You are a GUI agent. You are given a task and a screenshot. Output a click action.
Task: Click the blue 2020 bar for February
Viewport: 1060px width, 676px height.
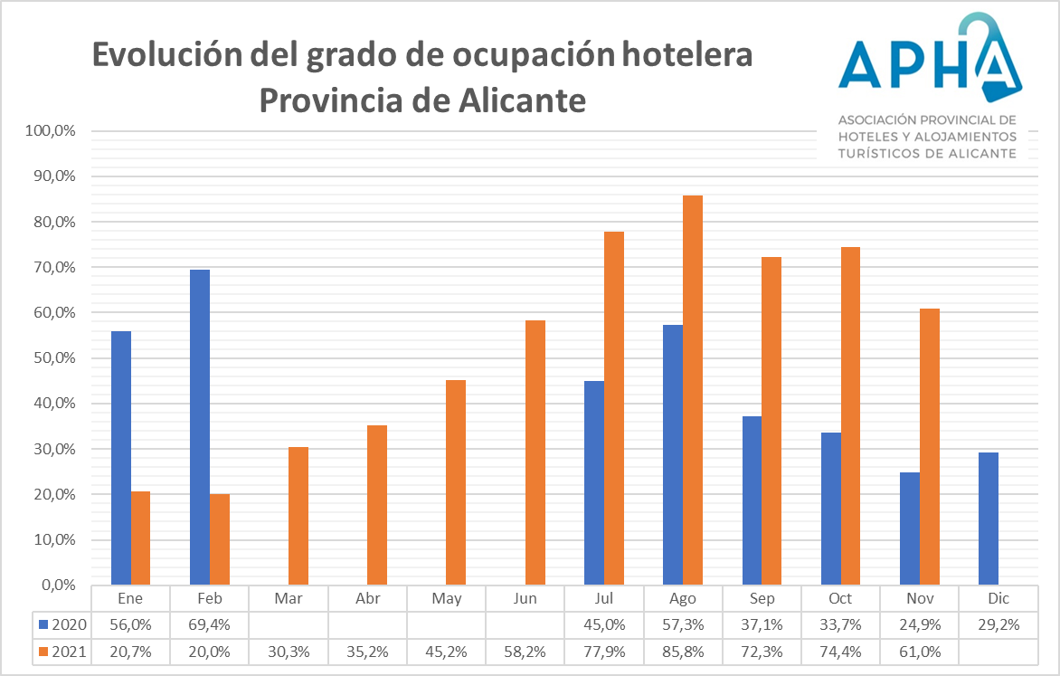[x=200, y=427]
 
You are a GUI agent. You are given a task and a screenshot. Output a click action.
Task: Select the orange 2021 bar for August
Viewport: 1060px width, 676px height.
[x=693, y=390]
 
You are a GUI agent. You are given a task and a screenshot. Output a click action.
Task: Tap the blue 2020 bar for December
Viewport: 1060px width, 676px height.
[x=989, y=519]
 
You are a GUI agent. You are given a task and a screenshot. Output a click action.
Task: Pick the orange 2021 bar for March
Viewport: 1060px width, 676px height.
[x=298, y=516]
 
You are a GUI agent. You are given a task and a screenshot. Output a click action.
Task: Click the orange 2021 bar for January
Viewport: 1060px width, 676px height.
[x=140, y=538]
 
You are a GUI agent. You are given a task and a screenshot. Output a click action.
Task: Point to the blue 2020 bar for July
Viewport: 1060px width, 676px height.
[x=594, y=482]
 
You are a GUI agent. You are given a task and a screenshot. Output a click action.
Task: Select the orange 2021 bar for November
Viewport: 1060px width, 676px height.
[x=930, y=446]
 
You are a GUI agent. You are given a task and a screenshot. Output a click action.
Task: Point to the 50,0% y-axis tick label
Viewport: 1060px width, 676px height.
[x=54, y=358]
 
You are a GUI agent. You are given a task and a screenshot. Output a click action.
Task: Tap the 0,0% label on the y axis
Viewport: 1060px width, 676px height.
[x=58, y=586]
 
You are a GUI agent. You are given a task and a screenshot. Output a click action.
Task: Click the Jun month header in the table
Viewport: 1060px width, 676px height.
[x=525, y=599]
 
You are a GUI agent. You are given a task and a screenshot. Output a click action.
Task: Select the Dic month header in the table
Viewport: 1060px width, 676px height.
[x=999, y=599]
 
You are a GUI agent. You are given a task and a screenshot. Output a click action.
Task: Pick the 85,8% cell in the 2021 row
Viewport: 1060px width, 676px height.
[x=683, y=650]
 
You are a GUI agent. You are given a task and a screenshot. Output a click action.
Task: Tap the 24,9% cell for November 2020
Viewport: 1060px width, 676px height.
[x=921, y=624]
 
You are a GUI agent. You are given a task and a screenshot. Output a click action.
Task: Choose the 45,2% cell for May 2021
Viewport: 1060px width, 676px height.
[x=447, y=650]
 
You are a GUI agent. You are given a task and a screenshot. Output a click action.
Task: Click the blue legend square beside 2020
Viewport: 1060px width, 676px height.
[x=44, y=624]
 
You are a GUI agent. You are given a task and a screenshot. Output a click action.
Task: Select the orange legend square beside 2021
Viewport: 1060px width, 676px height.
[x=44, y=650]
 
